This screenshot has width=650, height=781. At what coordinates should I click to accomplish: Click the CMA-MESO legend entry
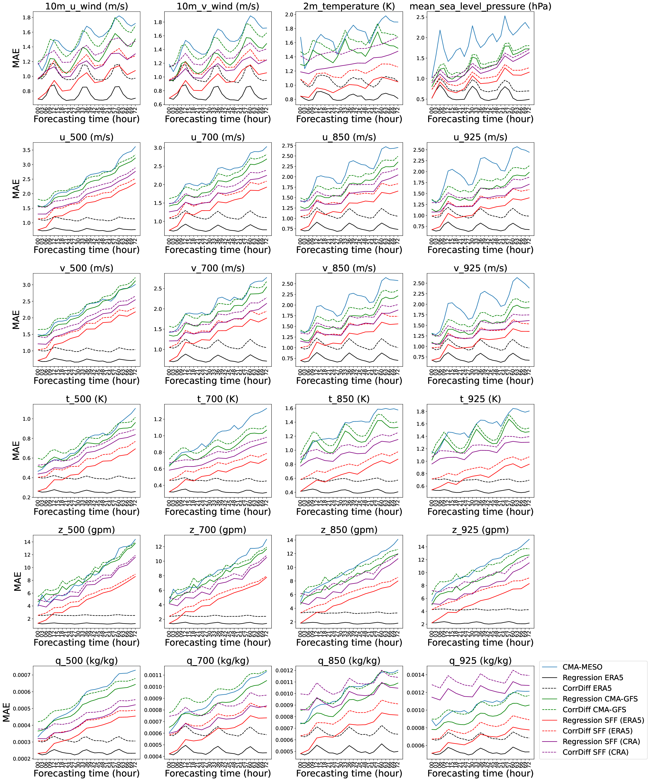[x=582, y=667]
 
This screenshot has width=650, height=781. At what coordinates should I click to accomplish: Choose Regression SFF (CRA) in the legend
[x=601, y=742]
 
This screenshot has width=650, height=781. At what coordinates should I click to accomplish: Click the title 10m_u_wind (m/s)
[x=87, y=6]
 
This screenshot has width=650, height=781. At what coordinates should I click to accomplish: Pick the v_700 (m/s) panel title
[x=218, y=268]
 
